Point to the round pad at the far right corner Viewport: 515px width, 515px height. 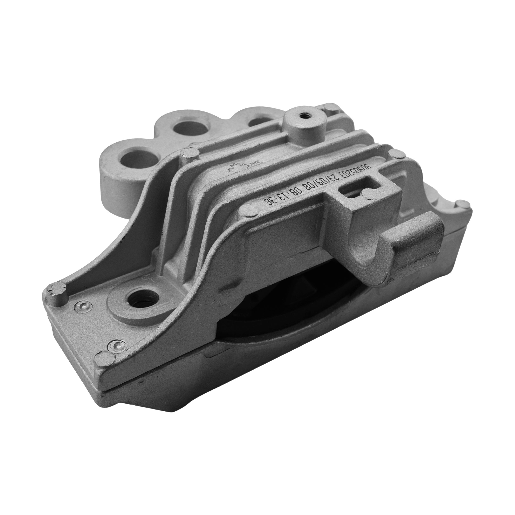[465, 205]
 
